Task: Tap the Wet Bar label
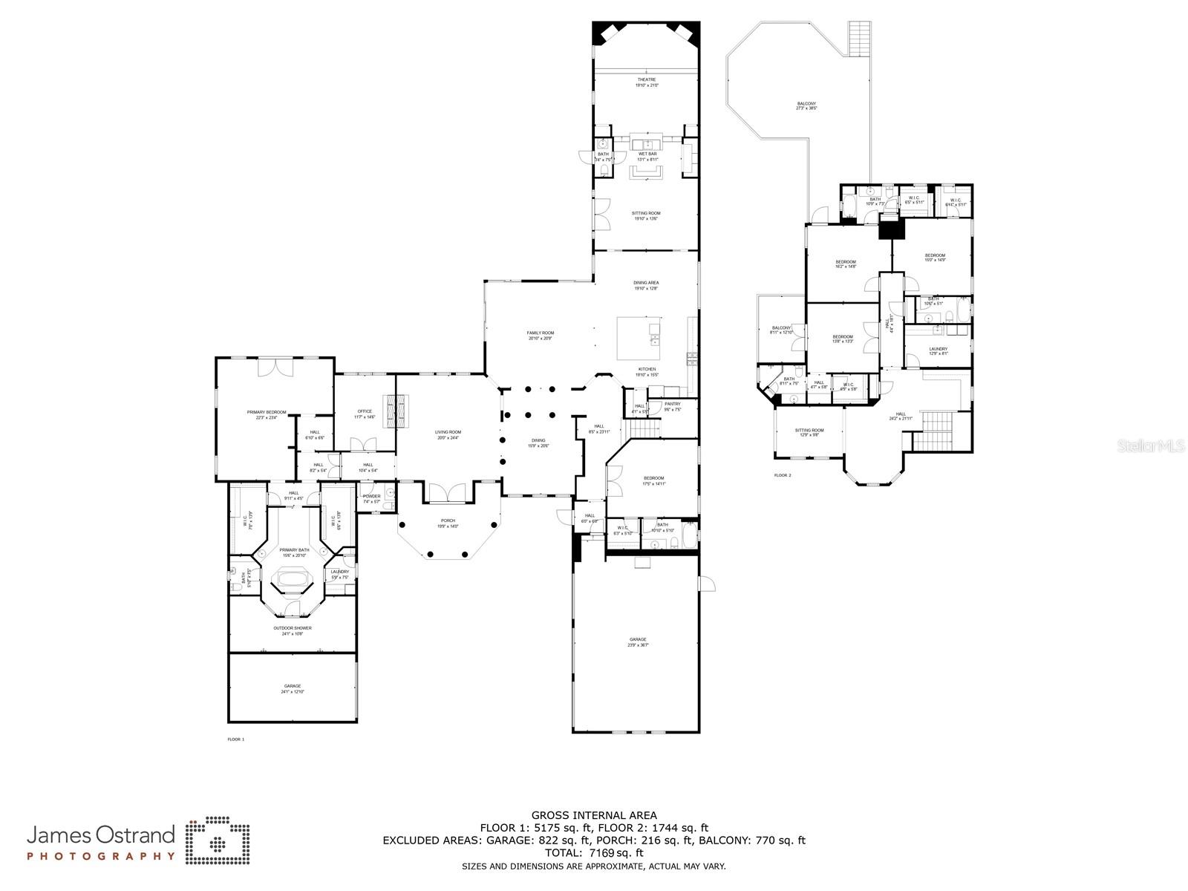(x=647, y=156)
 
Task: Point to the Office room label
(x=365, y=414)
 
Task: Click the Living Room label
(x=448, y=434)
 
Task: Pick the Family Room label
(x=541, y=335)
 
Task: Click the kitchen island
(x=639, y=338)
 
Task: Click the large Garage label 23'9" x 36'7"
(x=638, y=642)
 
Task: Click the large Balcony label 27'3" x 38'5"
(x=806, y=105)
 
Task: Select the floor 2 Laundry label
(x=938, y=350)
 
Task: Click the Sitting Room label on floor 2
(x=809, y=432)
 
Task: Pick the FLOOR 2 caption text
(x=783, y=475)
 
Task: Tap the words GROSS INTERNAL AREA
(x=594, y=815)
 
